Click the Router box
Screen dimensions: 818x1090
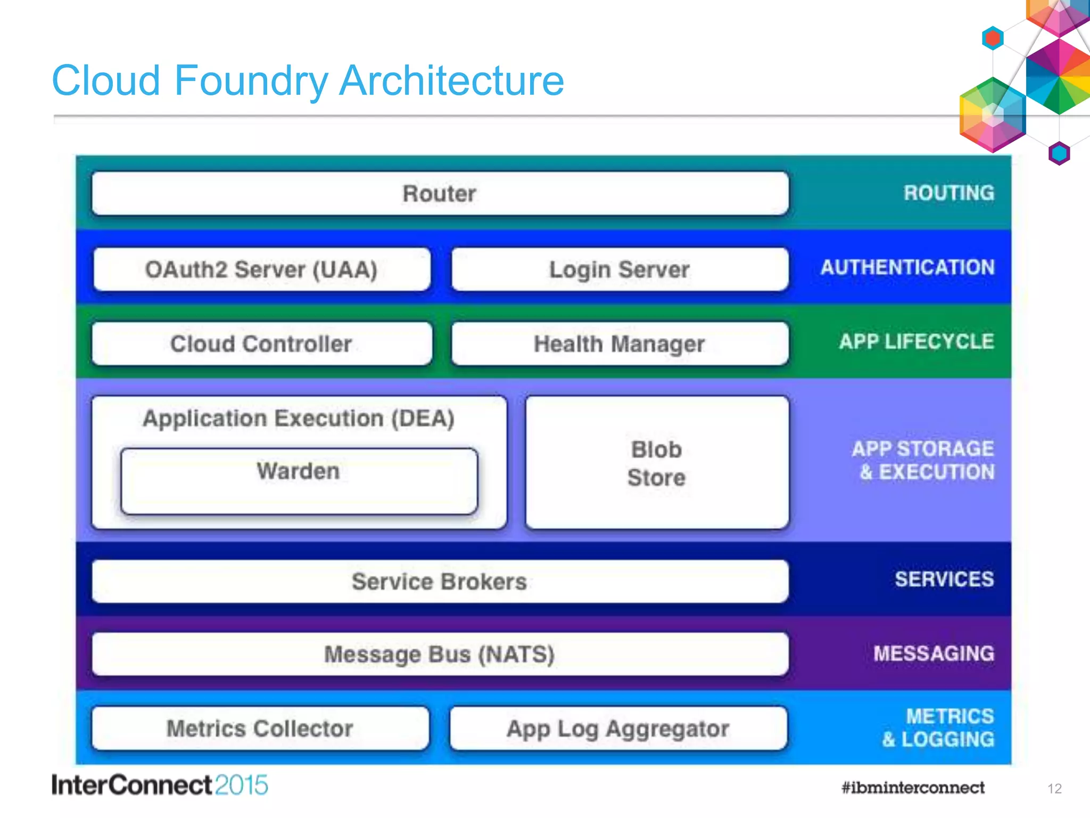pyautogui.click(x=440, y=193)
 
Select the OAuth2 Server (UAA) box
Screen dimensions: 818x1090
pyautogui.click(x=261, y=269)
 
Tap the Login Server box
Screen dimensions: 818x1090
pyautogui.click(x=620, y=269)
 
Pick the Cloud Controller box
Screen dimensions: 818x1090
pyautogui.click(x=261, y=344)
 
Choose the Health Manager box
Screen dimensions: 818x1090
pyautogui.click(x=620, y=344)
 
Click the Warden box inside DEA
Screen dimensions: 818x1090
pyautogui.click(x=299, y=481)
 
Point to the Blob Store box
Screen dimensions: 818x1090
pyautogui.click(x=657, y=463)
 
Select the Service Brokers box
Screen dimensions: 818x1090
pyautogui.click(x=440, y=582)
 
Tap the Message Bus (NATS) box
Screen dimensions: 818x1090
pyautogui.click(x=440, y=654)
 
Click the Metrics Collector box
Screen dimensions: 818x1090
pyautogui.click(x=260, y=729)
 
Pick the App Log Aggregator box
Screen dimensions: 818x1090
pyautogui.click(x=618, y=729)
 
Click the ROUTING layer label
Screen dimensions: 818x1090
pyautogui.click(x=948, y=193)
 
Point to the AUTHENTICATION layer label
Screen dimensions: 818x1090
pyautogui.click(x=907, y=267)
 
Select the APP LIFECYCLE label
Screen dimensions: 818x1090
pyautogui.click(x=916, y=341)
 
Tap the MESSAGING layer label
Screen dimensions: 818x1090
pyautogui.click(x=934, y=653)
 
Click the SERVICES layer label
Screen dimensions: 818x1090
pyautogui.click(x=944, y=579)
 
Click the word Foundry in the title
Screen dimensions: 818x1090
pyautogui.click(x=251, y=81)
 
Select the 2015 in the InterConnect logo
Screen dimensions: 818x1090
pyautogui.click(x=242, y=786)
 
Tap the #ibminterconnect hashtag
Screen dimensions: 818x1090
pyautogui.click(x=913, y=788)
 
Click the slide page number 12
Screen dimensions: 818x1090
pyautogui.click(x=1054, y=789)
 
